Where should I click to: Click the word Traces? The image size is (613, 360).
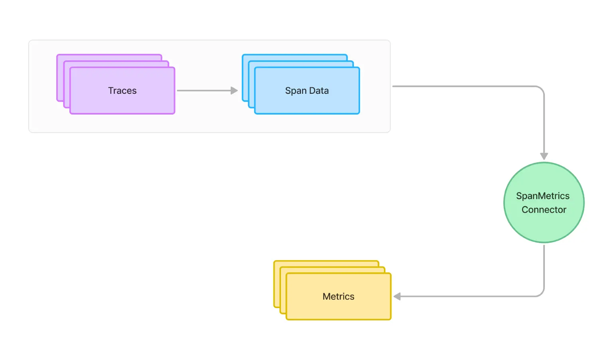click(122, 91)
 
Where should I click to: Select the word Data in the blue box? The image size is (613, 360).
click(319, 91)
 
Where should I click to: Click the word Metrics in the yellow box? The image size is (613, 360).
click(338, 297)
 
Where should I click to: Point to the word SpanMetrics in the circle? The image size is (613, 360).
click(543, 196)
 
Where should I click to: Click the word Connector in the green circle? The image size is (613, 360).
click(544, 210)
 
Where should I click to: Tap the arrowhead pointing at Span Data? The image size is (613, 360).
click(234, 91)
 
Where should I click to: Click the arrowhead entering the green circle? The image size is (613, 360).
click(544, 156)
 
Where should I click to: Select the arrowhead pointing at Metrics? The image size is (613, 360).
click(397, 297)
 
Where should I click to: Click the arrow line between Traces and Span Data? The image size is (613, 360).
click(204, 91)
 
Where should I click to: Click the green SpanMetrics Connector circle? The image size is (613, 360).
click(544, 227)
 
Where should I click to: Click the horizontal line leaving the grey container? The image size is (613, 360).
click(459, 86)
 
